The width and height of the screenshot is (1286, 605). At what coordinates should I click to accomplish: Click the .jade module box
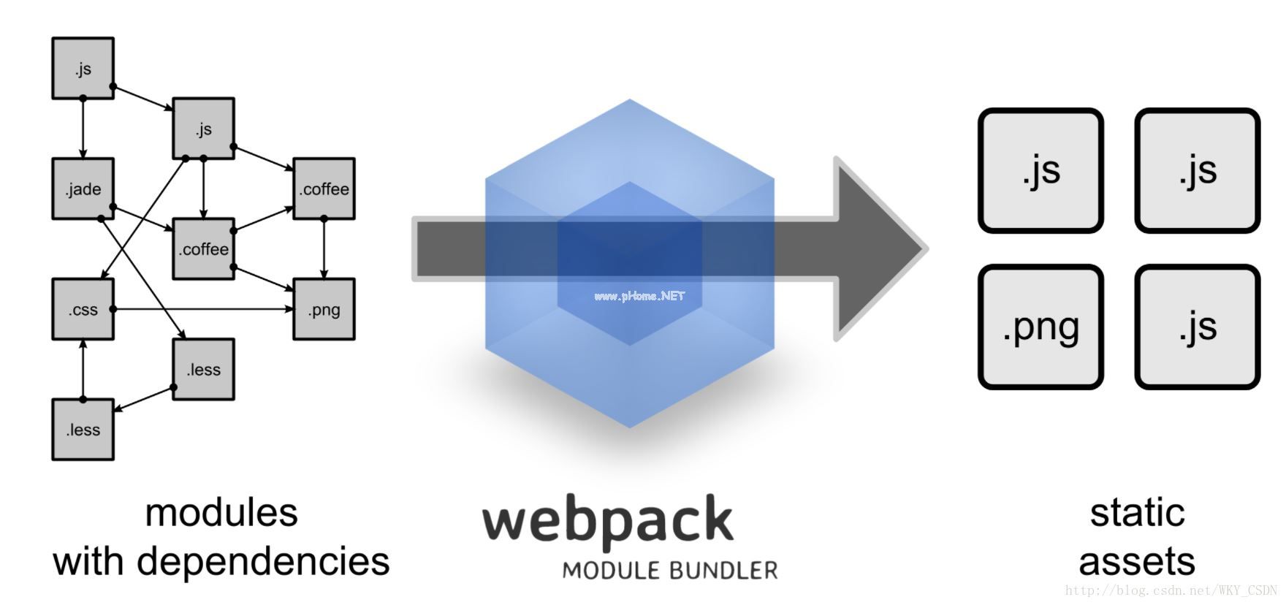coord(83,189)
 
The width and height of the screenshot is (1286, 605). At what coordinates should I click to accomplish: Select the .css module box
coord(83,309)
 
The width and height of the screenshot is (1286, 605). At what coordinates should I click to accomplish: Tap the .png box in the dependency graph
coord(324,309)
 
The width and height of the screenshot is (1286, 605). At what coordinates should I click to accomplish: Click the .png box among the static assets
coord(1040,327)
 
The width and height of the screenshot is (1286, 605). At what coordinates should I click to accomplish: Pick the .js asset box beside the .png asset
coord(1197,327)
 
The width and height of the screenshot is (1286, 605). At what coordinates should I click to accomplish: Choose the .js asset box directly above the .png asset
coord(1040,170)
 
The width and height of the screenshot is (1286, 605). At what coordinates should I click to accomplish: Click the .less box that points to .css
coord(83,430)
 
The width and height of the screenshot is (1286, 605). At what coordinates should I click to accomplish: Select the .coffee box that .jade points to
coord(203,249)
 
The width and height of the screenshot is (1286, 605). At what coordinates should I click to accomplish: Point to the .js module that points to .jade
coord(83,69)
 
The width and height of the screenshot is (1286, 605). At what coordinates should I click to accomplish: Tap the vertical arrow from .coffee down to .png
coord(324,248)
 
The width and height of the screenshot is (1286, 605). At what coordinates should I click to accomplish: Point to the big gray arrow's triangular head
coord(877,248)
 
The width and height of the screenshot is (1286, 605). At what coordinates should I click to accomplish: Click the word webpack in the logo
coord(607,520)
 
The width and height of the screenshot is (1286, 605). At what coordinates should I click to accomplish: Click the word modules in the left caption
coord(221,512)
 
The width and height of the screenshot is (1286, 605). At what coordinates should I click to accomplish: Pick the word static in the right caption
coord(1137,512)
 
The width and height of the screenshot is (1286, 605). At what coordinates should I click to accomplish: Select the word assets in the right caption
coord(1137,561)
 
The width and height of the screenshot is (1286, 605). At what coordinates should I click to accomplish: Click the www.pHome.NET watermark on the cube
coord(639,296)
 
